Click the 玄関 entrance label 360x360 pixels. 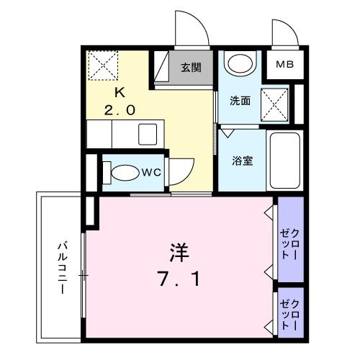click(x=191, y=68)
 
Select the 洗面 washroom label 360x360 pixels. click(x=240, y=101)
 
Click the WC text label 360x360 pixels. click(x=150, y=172)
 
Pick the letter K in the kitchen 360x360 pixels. click(x=120, y=92)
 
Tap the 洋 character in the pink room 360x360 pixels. click(x=179, y=253)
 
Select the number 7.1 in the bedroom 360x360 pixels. click(x=178, y=276)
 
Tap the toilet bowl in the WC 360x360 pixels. click(x=122, y=174)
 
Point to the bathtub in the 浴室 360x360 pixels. click(x=284, y=159)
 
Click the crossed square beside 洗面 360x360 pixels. click(x=274, y=101)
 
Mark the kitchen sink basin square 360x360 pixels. click(x=148, y=134)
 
